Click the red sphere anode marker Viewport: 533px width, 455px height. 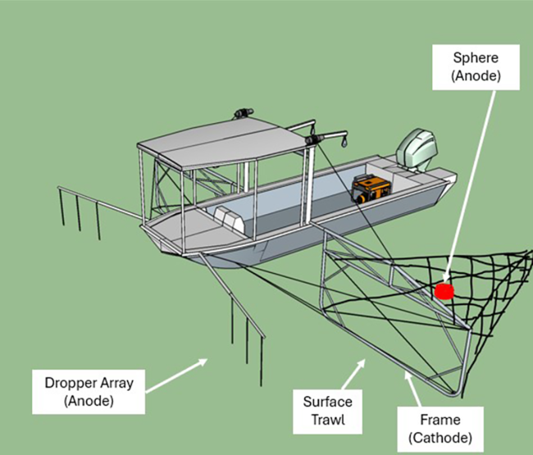(x=444, y=291)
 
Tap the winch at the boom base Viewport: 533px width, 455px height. (x=312, y=141)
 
